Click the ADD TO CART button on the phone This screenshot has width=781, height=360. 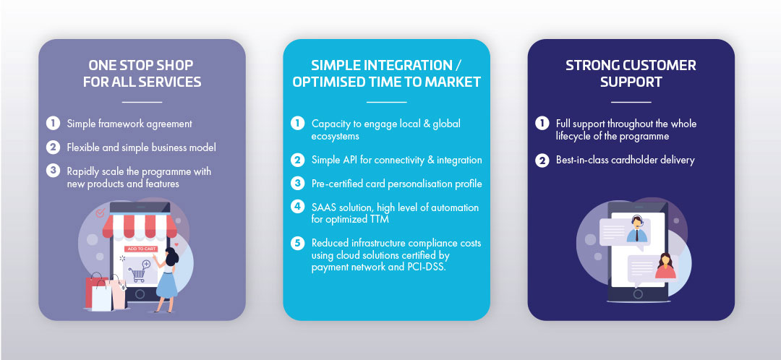(141, 249)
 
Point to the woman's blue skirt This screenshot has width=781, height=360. (166, 284)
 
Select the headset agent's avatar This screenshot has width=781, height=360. (636, 229)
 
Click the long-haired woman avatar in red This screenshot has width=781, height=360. (665, 267)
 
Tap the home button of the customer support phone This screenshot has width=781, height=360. (637, 293)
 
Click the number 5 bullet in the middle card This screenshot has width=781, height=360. (297, 244)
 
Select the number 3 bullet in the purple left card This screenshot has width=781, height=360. (53, 171)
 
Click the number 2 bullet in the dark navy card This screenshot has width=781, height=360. (542, 160)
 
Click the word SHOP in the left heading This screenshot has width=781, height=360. (175, 65)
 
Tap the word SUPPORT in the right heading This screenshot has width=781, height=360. (631, 82)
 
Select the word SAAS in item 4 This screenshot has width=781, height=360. (323, 207)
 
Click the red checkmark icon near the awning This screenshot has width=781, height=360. (100, 213)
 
